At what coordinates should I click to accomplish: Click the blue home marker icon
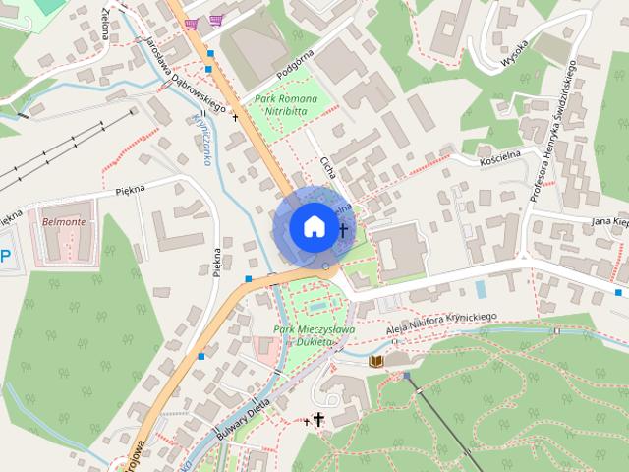click(313, 227)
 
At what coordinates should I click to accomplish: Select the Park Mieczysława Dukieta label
click(303, 334)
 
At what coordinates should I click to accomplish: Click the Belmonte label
click(65, 222)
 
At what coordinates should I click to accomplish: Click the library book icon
click(375, 362)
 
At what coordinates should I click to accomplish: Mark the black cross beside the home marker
click(343, 231)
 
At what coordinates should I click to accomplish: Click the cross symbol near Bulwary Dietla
click(317, 419)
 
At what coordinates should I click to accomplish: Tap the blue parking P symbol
click(5, 258)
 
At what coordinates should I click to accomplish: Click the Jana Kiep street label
click(608, 222)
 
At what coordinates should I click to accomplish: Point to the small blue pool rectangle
click(480, 289)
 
